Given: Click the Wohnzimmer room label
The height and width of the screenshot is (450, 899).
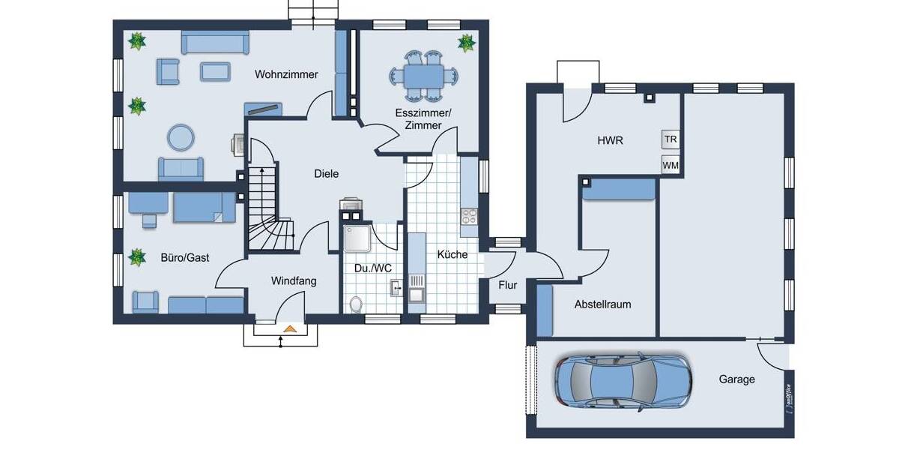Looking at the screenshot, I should [x=286, y=75].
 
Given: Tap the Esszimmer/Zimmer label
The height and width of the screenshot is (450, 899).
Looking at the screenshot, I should [x=423, y=118].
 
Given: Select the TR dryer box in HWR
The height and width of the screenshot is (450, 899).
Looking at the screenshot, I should [x=671, y=139].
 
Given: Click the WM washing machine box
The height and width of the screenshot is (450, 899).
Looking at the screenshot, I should [x=671, y=164].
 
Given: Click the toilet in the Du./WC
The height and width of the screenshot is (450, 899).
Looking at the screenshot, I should [x=357, y=304].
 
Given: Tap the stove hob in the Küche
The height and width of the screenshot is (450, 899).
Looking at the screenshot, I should [x=470, y=216].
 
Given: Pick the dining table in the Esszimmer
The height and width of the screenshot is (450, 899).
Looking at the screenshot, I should [x=423, y=76].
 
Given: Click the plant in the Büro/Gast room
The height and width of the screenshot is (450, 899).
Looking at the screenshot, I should [x=136, y=258].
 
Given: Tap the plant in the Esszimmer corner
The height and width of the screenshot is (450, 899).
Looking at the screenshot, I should [x=466, y=42].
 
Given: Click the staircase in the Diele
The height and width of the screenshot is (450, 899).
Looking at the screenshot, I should [x=264, y=202].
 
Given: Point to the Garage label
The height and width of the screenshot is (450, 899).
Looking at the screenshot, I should [x=736, y=379].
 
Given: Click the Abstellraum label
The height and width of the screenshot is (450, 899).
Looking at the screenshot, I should [x=602, y=304].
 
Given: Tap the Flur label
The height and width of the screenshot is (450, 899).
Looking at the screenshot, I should [x=508, y=284].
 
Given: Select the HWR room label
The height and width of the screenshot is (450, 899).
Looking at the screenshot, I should [x=611, y=140].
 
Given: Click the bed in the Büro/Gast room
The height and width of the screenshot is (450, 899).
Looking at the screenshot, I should [x=198, y=208].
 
